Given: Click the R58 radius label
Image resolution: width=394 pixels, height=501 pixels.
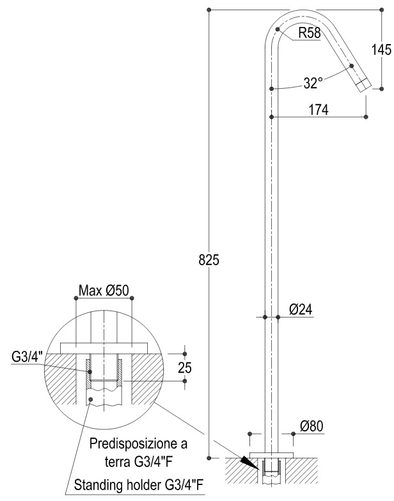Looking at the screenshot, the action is point(310,33).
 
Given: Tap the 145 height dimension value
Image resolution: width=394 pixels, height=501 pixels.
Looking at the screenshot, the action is point(381,50).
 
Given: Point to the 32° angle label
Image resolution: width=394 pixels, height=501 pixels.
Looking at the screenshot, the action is point(311,83).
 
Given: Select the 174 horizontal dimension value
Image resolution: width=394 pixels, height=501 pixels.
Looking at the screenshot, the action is point(319,110).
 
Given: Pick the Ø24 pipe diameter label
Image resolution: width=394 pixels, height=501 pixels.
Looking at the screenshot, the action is point(301,309).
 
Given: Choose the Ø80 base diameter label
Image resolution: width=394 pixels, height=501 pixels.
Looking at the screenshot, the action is point(311,426).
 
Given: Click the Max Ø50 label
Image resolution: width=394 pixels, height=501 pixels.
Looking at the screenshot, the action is point(104,291).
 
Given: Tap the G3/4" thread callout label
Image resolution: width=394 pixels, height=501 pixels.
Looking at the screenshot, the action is point(27,357).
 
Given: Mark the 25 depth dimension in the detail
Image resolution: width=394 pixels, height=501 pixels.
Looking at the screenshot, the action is point(185,368).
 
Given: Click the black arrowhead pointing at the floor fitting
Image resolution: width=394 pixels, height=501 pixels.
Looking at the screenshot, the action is point(249,462).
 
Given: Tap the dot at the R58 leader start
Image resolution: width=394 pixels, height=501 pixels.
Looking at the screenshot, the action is point(278,29).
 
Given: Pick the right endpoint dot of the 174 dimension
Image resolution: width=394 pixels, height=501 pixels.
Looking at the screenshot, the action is point(366,117).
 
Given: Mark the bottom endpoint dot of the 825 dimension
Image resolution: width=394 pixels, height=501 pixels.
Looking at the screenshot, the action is point(209,458).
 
